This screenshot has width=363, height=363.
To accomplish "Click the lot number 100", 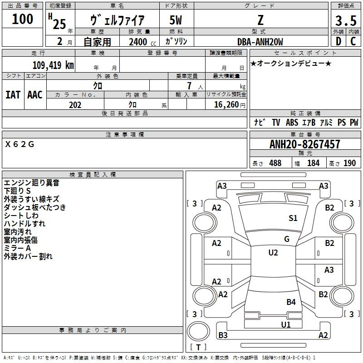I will point(23,19).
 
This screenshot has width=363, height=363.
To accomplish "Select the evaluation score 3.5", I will point(345,21).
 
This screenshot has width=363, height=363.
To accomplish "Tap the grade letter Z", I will point(261,20).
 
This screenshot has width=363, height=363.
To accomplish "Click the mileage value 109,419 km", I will point(53,65).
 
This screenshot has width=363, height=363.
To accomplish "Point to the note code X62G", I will point(20,144).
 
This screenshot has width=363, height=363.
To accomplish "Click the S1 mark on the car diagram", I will point(293,218).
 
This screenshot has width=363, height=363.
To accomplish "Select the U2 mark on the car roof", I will point(273,253).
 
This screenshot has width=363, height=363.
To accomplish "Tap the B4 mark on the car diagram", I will point(291,302).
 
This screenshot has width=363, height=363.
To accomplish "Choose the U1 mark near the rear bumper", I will point(286,324).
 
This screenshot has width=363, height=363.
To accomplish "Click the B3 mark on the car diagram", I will point(223,335).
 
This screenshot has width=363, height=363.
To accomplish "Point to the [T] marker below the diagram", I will point(198,348).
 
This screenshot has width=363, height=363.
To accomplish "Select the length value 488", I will point(275,163).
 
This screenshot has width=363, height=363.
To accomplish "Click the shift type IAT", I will point(13,94).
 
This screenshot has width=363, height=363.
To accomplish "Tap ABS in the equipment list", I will point(292,123).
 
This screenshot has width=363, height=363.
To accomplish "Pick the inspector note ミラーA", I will point(17,248).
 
